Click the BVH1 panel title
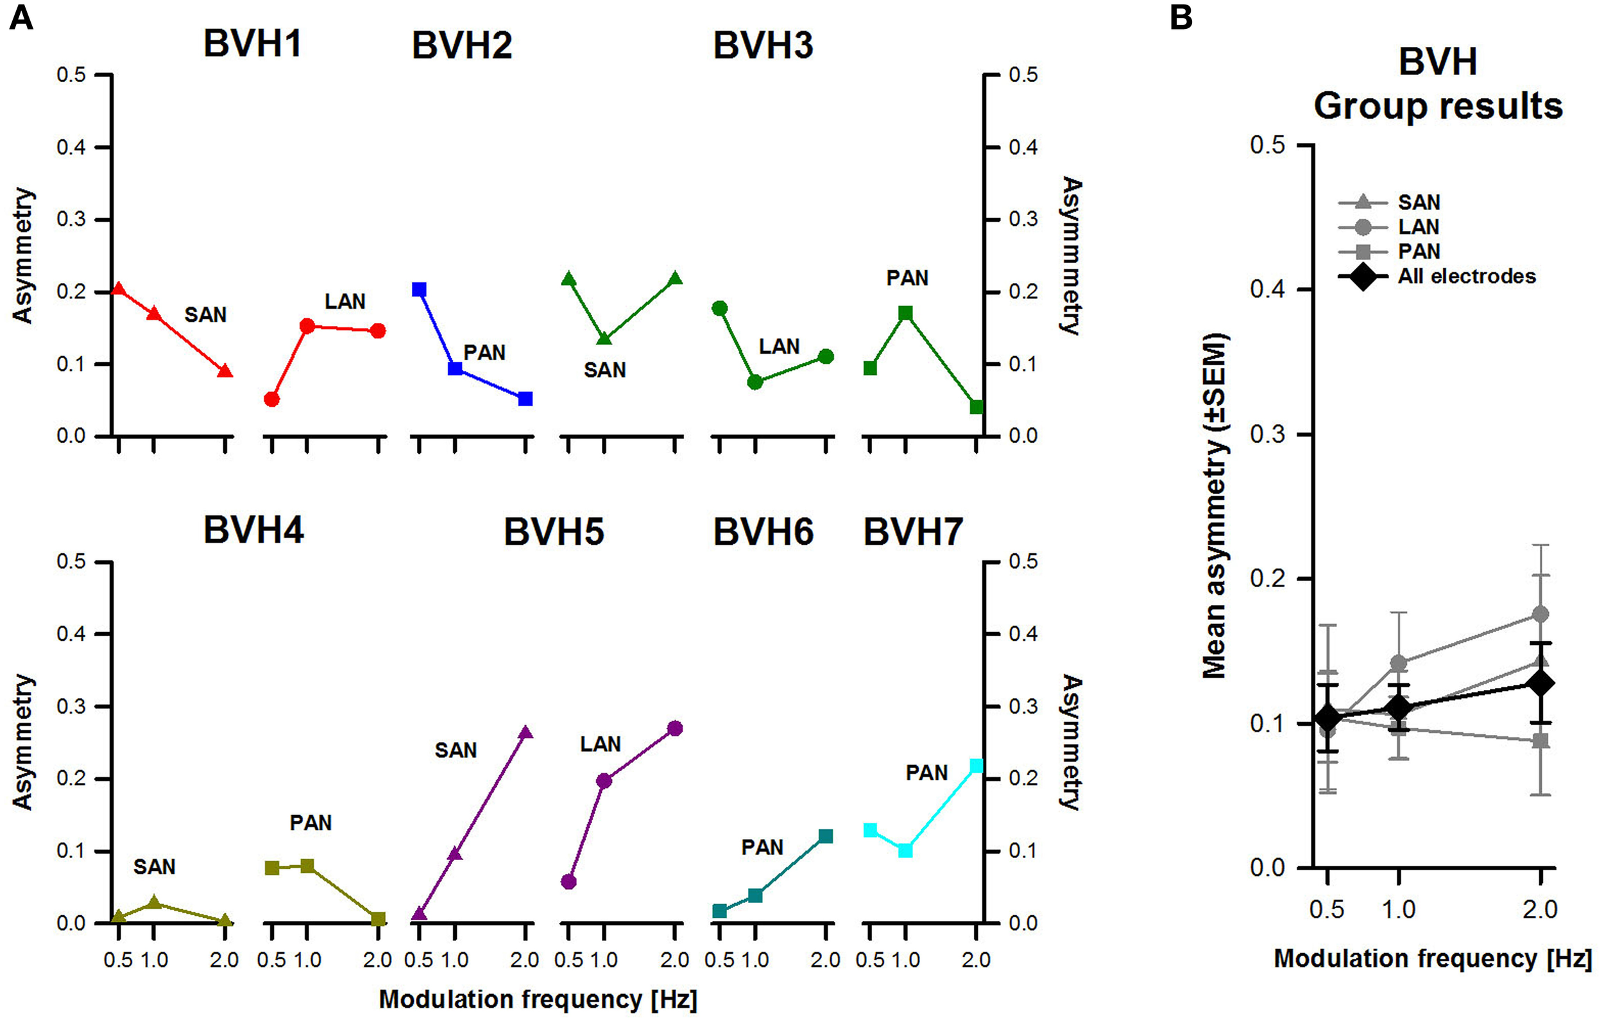click(252, 44)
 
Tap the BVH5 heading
click(554, 532)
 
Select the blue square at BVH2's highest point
click(419, 289)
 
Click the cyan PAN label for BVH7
click(926, 773)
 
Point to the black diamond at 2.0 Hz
click(1539, 683)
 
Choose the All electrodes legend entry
click(1466, 276)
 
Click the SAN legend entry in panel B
click(1419, 202)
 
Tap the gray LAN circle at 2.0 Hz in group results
click(1540, 614)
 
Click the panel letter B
click(1181, 17)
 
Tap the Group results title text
click(1437, 106)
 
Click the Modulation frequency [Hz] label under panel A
click(538, 999)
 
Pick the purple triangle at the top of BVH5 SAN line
click(525, 732)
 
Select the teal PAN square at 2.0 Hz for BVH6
click(825, 836)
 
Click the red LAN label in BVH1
click(345, 301)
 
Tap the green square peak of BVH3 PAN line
click(905, 313)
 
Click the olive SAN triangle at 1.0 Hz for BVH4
click(154, 902)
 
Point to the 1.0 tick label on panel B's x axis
click(1398, 909)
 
